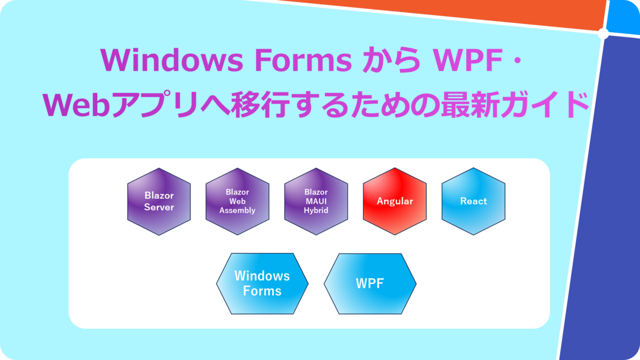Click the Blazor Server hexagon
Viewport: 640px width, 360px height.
(x=159, y=202)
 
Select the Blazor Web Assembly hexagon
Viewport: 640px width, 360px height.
(x=237, y=202)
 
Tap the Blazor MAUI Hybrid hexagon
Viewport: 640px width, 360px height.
(x=316, y=202)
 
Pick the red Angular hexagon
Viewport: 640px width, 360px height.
(x=395, y=202)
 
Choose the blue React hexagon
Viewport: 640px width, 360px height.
(x=474, y=202)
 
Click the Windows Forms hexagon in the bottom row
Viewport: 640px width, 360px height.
(x=262, y=284)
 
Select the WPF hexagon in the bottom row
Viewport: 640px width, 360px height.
(x=370, y=284)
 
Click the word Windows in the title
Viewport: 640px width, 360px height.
(x=172, y=60)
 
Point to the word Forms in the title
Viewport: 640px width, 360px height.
(x=303, y=60)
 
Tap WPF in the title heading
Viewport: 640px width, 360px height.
(x=468, y=60)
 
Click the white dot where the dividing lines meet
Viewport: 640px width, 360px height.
(x=603, y=34)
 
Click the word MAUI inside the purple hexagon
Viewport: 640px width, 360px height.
(x=316, y=202)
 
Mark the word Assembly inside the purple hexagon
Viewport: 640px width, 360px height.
(x=237, y=211)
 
